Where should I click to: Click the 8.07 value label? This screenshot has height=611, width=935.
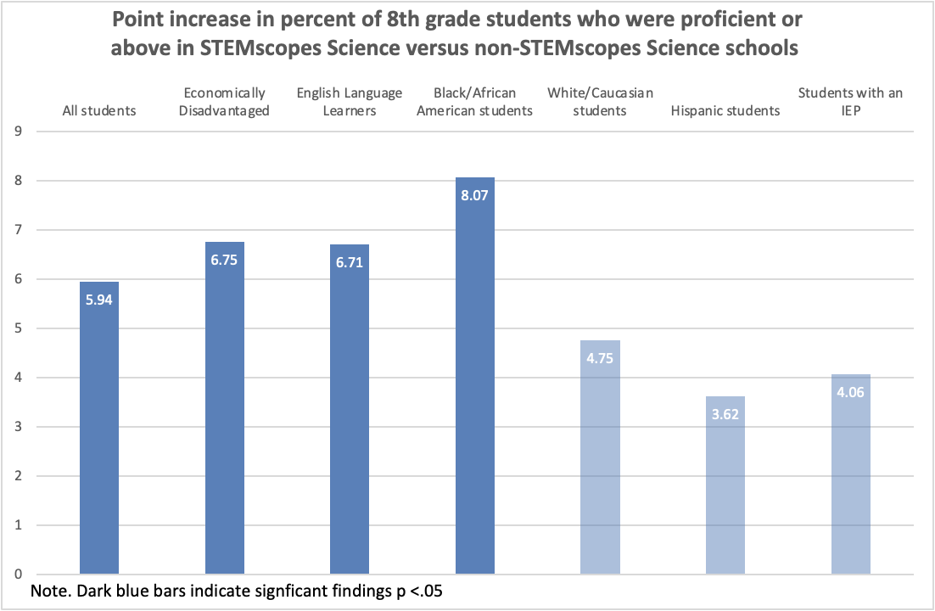[475, 194]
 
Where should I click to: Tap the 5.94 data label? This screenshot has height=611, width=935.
[98, 299]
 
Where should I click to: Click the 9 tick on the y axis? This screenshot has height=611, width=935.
[16, 132]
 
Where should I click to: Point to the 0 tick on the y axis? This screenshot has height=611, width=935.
[16, 575]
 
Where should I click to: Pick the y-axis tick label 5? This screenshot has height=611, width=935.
[16, 328]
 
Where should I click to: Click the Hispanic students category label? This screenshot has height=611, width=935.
[725, 111]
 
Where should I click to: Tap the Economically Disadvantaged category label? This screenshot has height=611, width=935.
[225, 102]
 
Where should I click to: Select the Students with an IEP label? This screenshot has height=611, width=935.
[851, 102]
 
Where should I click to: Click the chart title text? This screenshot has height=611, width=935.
[455, 34]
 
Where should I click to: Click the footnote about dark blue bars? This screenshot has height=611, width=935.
[237, 591]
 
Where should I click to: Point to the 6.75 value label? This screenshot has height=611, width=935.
[225, 259]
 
